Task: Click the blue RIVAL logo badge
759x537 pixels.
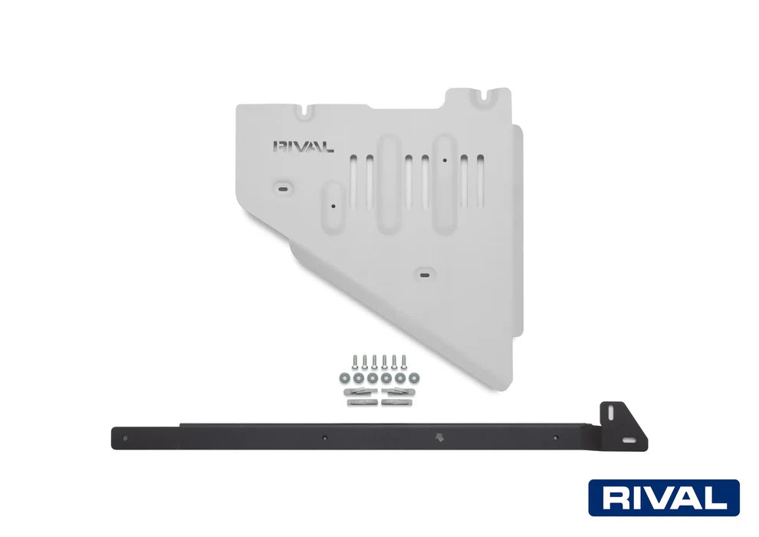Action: click(664, 498)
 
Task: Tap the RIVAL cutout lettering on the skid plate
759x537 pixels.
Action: click(303, 147)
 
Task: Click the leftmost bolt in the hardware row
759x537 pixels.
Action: click(354, 362)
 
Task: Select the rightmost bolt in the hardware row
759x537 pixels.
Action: click(404, 362)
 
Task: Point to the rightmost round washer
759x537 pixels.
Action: click(414, 377)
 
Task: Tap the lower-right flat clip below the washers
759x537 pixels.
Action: click(396, 402)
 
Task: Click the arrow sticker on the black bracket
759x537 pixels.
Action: click(439, 437)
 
